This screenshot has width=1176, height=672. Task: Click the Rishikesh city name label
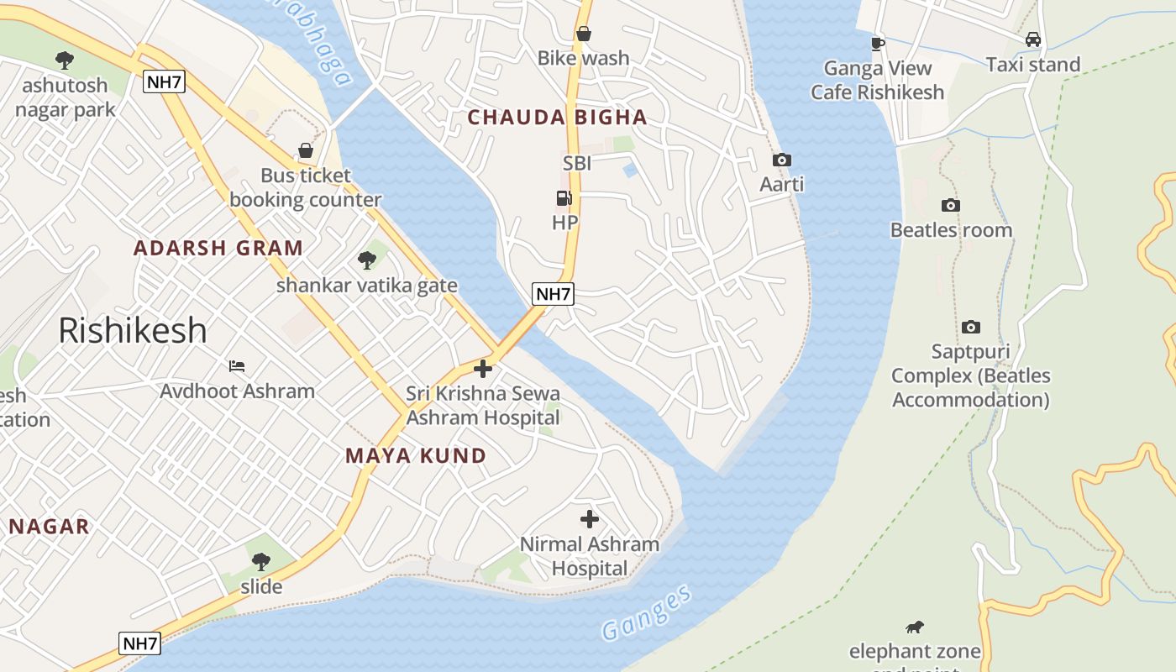coord(132,330)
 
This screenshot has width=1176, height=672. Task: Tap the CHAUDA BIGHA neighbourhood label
coord(557,118)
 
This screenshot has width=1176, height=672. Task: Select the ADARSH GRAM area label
coord(218,248)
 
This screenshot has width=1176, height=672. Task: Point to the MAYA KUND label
coord(416,455)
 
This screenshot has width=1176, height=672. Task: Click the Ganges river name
coord(646,612)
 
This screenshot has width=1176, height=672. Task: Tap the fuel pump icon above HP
coord(564,198)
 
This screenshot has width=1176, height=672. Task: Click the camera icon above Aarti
coord(781,160)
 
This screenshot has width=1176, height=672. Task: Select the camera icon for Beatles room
coord(950,205)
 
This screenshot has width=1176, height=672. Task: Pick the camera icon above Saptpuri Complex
coord(970,327)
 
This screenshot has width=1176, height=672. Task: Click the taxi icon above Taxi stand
coord(1032,39)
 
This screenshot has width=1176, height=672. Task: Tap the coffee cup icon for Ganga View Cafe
coord(877,44)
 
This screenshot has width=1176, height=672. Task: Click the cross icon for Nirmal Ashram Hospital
coord(590,519)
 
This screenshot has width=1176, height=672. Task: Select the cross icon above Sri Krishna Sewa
coord(483,369)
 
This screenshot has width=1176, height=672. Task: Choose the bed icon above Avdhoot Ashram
coord(237,366)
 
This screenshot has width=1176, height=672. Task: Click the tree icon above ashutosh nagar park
coord(64,60)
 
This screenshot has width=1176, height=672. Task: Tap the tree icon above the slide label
coord(260,561)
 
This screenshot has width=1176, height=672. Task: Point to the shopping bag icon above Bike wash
coord(583,34)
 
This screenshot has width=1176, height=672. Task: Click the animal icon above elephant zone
coord(914,627)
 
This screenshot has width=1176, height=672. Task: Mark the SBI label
coord(576,163)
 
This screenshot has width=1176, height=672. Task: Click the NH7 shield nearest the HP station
coord(553,294)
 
